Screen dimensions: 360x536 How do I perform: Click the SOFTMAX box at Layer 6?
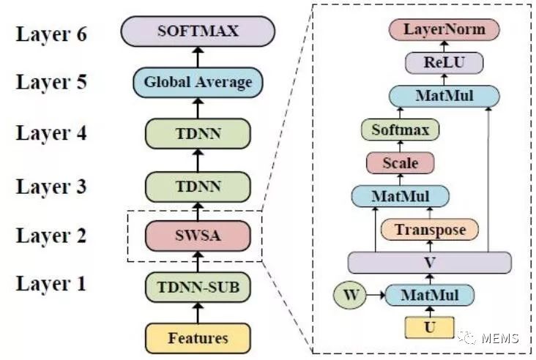tap(198, 31)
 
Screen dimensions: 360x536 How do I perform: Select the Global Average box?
tap(198, 82)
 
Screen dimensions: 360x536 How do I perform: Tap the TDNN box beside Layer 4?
tap(198, 134)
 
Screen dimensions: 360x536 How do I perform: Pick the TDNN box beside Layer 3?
tap(198, 186)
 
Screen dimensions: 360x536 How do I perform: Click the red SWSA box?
tap(198, 236)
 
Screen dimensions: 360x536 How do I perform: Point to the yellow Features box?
tap(198, 338)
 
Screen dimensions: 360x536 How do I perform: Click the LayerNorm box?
tap(444, 29)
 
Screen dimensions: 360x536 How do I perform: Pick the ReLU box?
tap(444, 63)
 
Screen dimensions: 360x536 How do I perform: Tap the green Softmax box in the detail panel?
tap(400, 130)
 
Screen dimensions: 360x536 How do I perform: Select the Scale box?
tap(400, 162)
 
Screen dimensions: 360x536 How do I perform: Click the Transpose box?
tap(430, 230)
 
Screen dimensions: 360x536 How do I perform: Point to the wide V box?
tap(429, 261)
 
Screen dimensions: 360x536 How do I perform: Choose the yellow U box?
tap(429, 327)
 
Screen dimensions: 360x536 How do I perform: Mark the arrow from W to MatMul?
tap(373, 296)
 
